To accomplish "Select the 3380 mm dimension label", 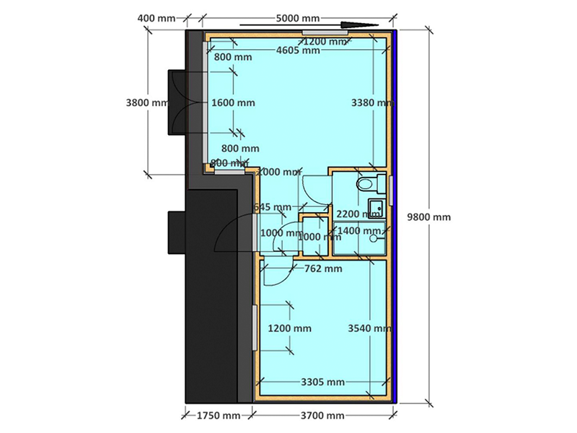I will click(372, 102).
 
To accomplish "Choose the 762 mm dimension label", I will click(323, 270).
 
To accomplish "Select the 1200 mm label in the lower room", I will click(290, 328).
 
